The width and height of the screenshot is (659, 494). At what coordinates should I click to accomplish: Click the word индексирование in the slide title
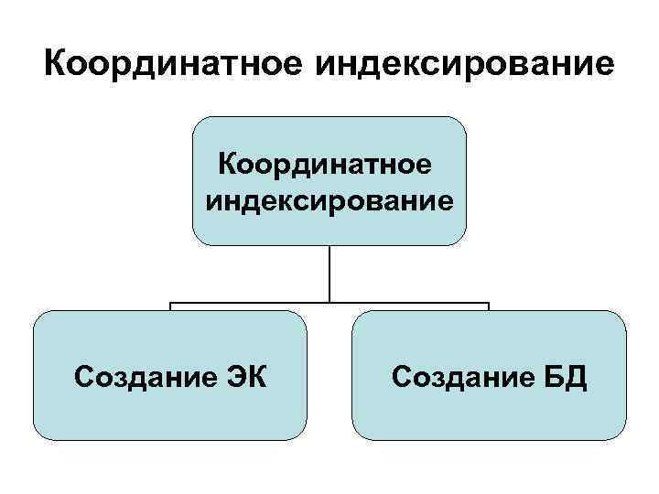click(x=463, y=67)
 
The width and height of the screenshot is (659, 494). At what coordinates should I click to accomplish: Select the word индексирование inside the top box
click(x=329, y=199)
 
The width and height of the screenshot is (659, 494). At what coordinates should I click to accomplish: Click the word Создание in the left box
click(x=144, y=376)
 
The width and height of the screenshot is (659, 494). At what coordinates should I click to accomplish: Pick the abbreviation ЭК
click(x=245, y=376)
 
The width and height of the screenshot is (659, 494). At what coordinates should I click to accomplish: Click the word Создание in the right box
click(x=460, y=376)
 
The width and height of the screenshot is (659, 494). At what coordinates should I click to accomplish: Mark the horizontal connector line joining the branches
click(x=247, y=303)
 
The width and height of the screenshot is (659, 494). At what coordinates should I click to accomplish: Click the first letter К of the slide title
click(x=57, y=67)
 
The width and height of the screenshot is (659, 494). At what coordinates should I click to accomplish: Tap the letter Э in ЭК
click(x=234, y=376)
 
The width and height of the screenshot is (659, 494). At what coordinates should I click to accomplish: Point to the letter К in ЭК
click(x=256, y=376)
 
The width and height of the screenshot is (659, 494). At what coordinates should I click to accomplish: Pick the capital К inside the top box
click(x=226, y=166)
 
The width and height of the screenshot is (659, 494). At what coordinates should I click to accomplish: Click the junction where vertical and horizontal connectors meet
click(x=329, y=303)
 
